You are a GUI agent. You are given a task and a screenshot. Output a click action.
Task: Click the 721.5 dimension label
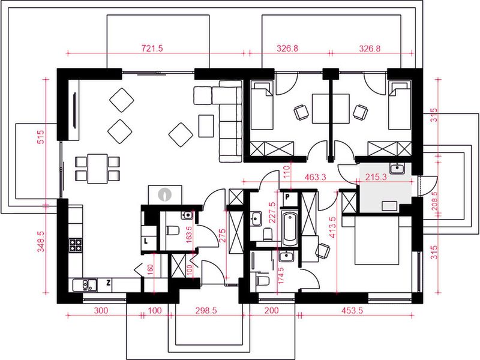tap(152, 49)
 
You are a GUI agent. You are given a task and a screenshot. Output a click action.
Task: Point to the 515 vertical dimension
tap(41, 137)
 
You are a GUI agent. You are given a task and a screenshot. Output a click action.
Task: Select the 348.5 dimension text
tap(41, 242)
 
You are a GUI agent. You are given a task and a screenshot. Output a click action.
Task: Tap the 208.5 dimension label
tap(434, 201)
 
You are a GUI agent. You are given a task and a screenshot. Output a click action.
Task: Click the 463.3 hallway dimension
tap(316, 176)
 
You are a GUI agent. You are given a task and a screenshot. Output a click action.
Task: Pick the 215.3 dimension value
tap(376, 176)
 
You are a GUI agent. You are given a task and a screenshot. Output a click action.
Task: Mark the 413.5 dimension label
tap(332, 227)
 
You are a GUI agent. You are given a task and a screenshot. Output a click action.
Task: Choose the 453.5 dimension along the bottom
tap(352, 310)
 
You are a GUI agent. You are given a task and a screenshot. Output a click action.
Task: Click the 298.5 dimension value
tap(206, 310)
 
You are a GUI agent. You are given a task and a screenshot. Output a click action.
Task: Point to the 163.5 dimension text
tap(188, 235)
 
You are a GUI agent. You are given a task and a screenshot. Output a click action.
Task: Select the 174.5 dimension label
tap(281, 275)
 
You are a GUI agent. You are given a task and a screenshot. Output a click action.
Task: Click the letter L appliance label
tap(146, 241)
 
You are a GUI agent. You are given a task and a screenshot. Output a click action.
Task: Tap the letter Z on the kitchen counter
tap(109, 283)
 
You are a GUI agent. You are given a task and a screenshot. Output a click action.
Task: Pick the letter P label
tap(287, 197)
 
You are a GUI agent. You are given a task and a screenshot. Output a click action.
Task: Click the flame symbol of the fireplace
tap(165, 194)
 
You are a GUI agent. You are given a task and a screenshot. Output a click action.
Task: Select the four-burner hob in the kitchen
tap(76, 245)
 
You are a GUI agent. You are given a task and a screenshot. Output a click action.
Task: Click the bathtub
tap(290, 229)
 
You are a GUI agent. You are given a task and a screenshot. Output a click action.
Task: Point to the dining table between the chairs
tap(97, 169)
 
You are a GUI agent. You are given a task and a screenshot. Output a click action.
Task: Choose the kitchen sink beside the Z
tap(85, 286)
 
